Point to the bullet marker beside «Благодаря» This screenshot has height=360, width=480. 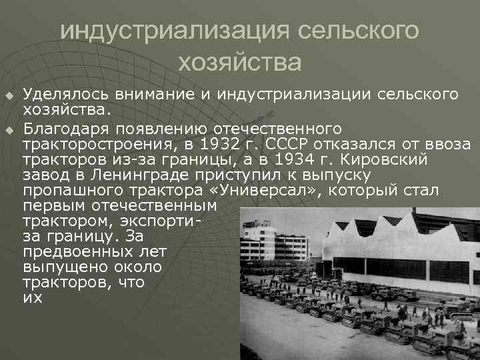pyautogui.click(x=9, y=129)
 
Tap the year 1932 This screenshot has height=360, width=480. pyautogui.click(x=226, y=145)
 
